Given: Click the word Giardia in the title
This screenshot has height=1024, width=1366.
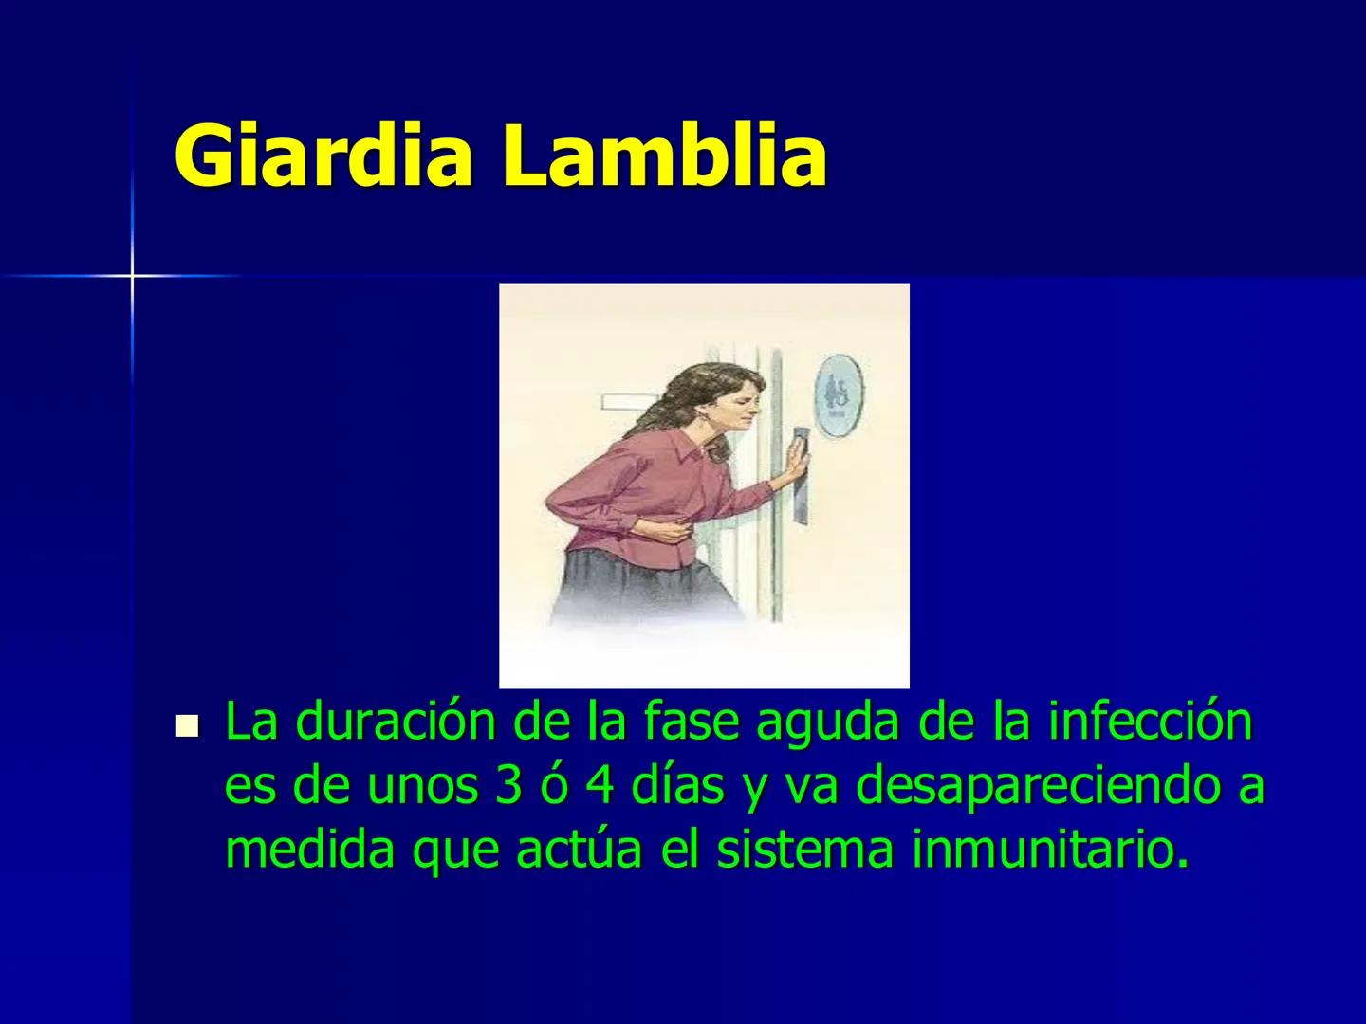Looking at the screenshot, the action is pyautogui.click(x=322, y=155).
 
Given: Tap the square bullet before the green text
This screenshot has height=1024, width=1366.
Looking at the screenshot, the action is pyautogui.click(x=187, y=726).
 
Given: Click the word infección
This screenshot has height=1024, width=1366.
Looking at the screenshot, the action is pyautogui.click(x=1151, y=722).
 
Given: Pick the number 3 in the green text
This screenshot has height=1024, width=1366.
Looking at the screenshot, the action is pyautogui.click(x=508, y=787).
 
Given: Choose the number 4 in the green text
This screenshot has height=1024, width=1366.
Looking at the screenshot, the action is pyautogui.click(x=600, y=787).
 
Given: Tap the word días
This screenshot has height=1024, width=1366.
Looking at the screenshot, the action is pyautogui.click(x=677, y=785).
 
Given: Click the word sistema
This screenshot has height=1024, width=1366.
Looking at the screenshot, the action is pyautogui.click(x=805, y=850).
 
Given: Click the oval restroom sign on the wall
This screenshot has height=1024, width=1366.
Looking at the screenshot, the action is pyautogui.click(x=839, y=398).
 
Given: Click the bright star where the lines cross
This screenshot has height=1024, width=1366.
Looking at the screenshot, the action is pyautogui.click(x=132, y=275).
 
